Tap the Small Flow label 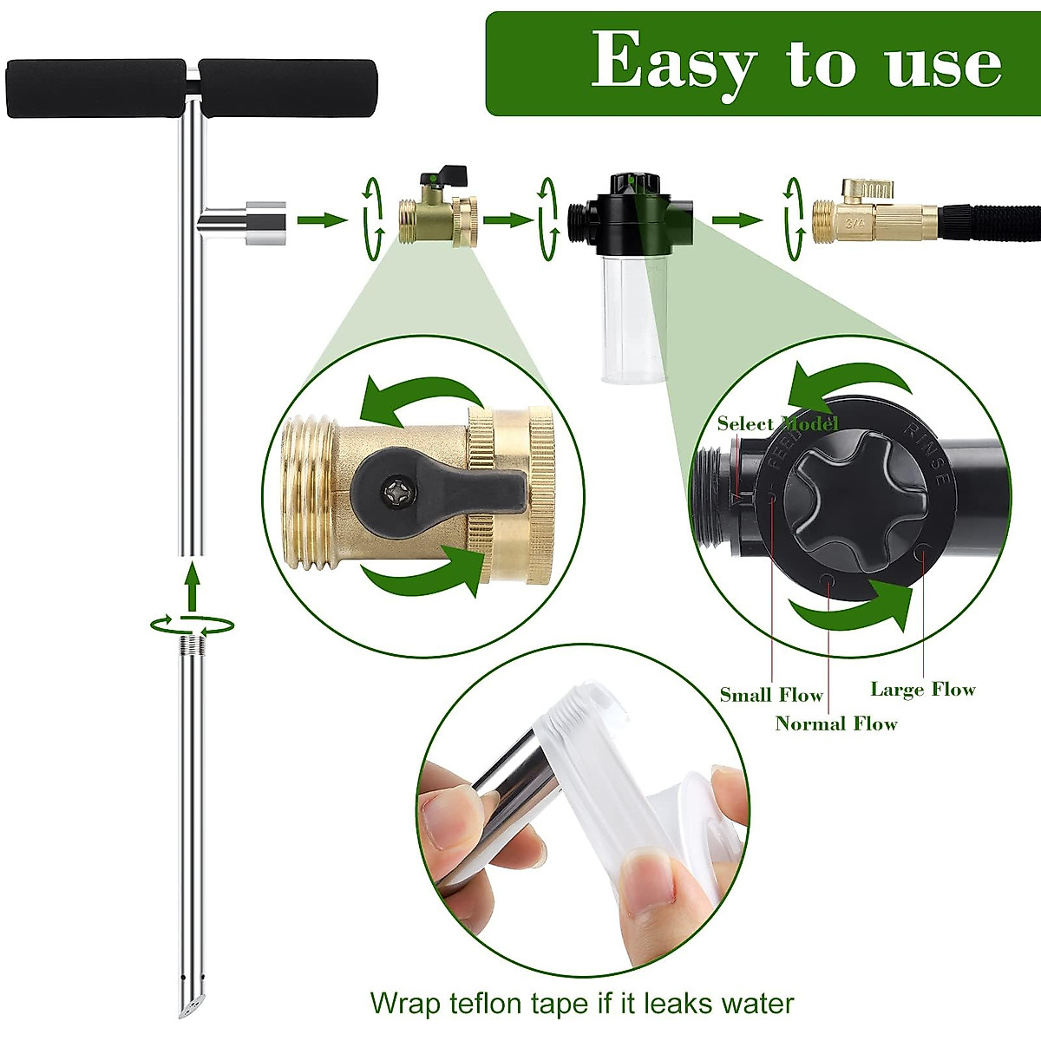click(x=771, y=695)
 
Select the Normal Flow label click(x=835, y=723)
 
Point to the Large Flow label click(x=923, y=690)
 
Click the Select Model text click(x=777, y=424)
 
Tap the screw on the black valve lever click(x=396, y=493)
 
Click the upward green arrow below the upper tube click(x=192, y=585)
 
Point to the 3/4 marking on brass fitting click(x=856, y=223)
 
